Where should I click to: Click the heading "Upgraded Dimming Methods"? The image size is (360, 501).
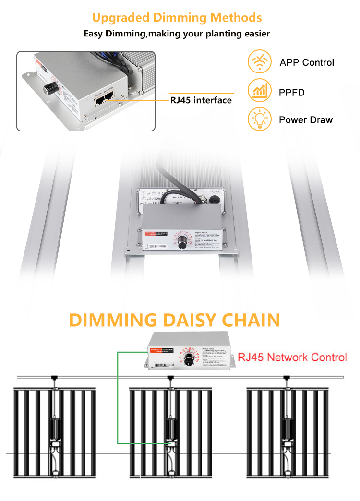tap(177, 18)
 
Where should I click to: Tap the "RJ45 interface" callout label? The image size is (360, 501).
tap(201, 100)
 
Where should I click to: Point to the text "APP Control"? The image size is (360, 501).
tap(307, 62)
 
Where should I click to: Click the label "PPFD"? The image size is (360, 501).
tap(292, 92)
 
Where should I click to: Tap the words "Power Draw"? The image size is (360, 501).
tap(306, 120)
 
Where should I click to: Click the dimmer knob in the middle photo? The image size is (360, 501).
tap(182, 243)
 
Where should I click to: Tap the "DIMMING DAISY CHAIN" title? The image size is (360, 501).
tap(175, 320)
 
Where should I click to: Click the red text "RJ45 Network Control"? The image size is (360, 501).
tap(292, 357)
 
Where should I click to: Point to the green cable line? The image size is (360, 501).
tap(118, 398)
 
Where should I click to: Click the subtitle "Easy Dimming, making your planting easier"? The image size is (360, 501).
tap(177, 34)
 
